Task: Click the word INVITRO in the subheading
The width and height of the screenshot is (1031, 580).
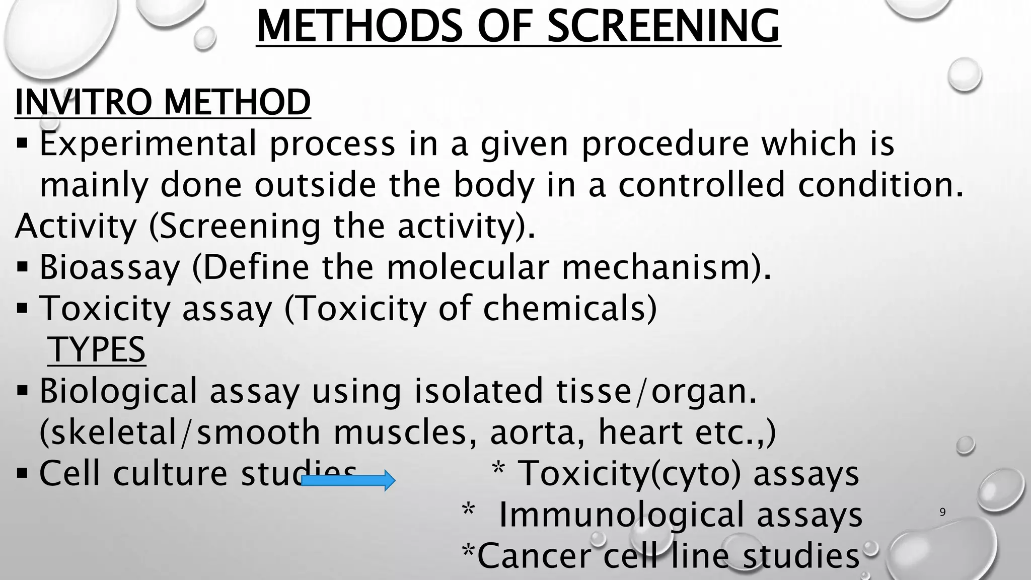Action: [x=86, y=102]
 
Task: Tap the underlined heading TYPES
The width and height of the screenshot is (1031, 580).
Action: [x=97, y=349]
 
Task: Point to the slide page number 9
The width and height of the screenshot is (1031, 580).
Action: [x=942, y=512]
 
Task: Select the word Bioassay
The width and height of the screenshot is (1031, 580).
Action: [x=110, y=267]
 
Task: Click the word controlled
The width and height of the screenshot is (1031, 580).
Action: [x=701, y=184]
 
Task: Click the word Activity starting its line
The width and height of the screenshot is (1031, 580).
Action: [x=76, y=226]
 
